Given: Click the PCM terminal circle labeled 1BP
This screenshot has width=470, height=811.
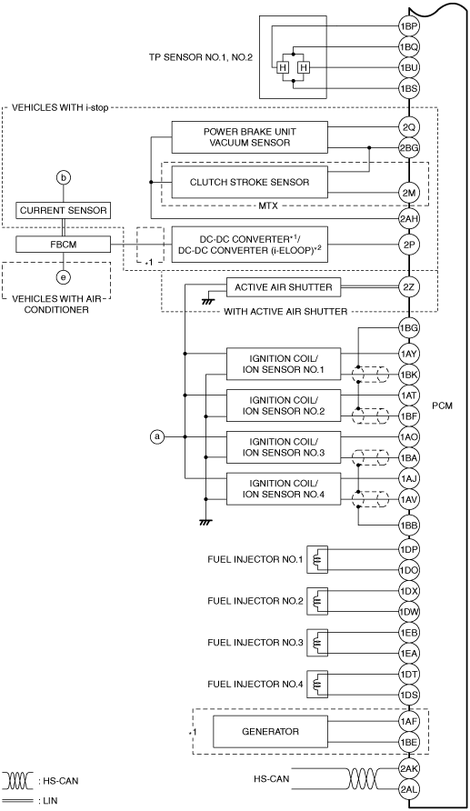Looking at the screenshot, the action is (x=408, y=25).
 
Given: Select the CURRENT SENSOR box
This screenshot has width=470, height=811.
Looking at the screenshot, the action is (x=63, y=211).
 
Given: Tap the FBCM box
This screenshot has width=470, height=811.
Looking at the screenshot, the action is (x=63, y=245).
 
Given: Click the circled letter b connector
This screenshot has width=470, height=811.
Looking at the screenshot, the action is (x=63, y=178).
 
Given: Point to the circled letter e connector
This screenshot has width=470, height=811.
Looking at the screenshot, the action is (x=63, y=277).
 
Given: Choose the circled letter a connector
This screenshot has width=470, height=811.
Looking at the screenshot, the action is (x=156, y=437).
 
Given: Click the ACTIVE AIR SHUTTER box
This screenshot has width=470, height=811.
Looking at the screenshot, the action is (x=284, y=287).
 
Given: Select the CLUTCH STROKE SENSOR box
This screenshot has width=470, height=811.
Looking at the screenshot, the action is (x=249, y=182).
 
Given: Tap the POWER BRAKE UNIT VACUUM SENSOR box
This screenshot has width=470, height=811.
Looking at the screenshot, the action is (x=249, y=137).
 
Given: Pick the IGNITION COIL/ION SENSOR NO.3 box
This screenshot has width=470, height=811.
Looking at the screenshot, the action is (x=284, y=447).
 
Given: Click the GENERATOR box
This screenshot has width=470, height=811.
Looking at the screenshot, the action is (x=270, y=731).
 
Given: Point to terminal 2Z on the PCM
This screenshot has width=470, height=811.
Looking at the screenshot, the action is (x=408, y=286).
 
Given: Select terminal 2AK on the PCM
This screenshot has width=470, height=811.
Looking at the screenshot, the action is (x=408, y=768).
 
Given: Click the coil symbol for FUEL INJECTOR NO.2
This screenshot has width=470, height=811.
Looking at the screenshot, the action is (x=317, y=601).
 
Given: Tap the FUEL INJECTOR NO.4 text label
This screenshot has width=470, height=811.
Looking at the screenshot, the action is (x=255, y=685).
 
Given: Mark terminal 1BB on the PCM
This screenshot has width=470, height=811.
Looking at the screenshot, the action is (x=408, y=526).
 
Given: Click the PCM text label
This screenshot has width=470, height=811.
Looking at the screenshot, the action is (x=442, y=405).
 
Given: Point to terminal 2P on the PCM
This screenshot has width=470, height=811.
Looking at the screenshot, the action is (x=408, y=245).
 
